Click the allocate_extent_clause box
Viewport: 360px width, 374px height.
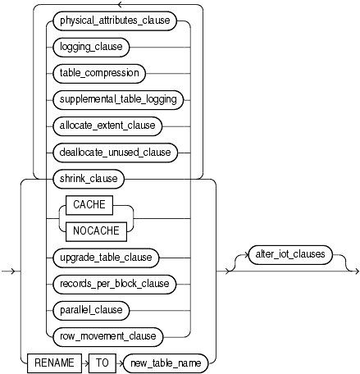click(x=109, y=125)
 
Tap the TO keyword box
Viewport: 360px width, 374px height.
click(x=102, y=362)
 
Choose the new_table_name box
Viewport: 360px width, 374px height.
click(x=163, y=362)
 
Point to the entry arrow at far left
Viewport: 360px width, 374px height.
click(x=7, y=270)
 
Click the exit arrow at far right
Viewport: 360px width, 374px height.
click(x=352, y=270)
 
